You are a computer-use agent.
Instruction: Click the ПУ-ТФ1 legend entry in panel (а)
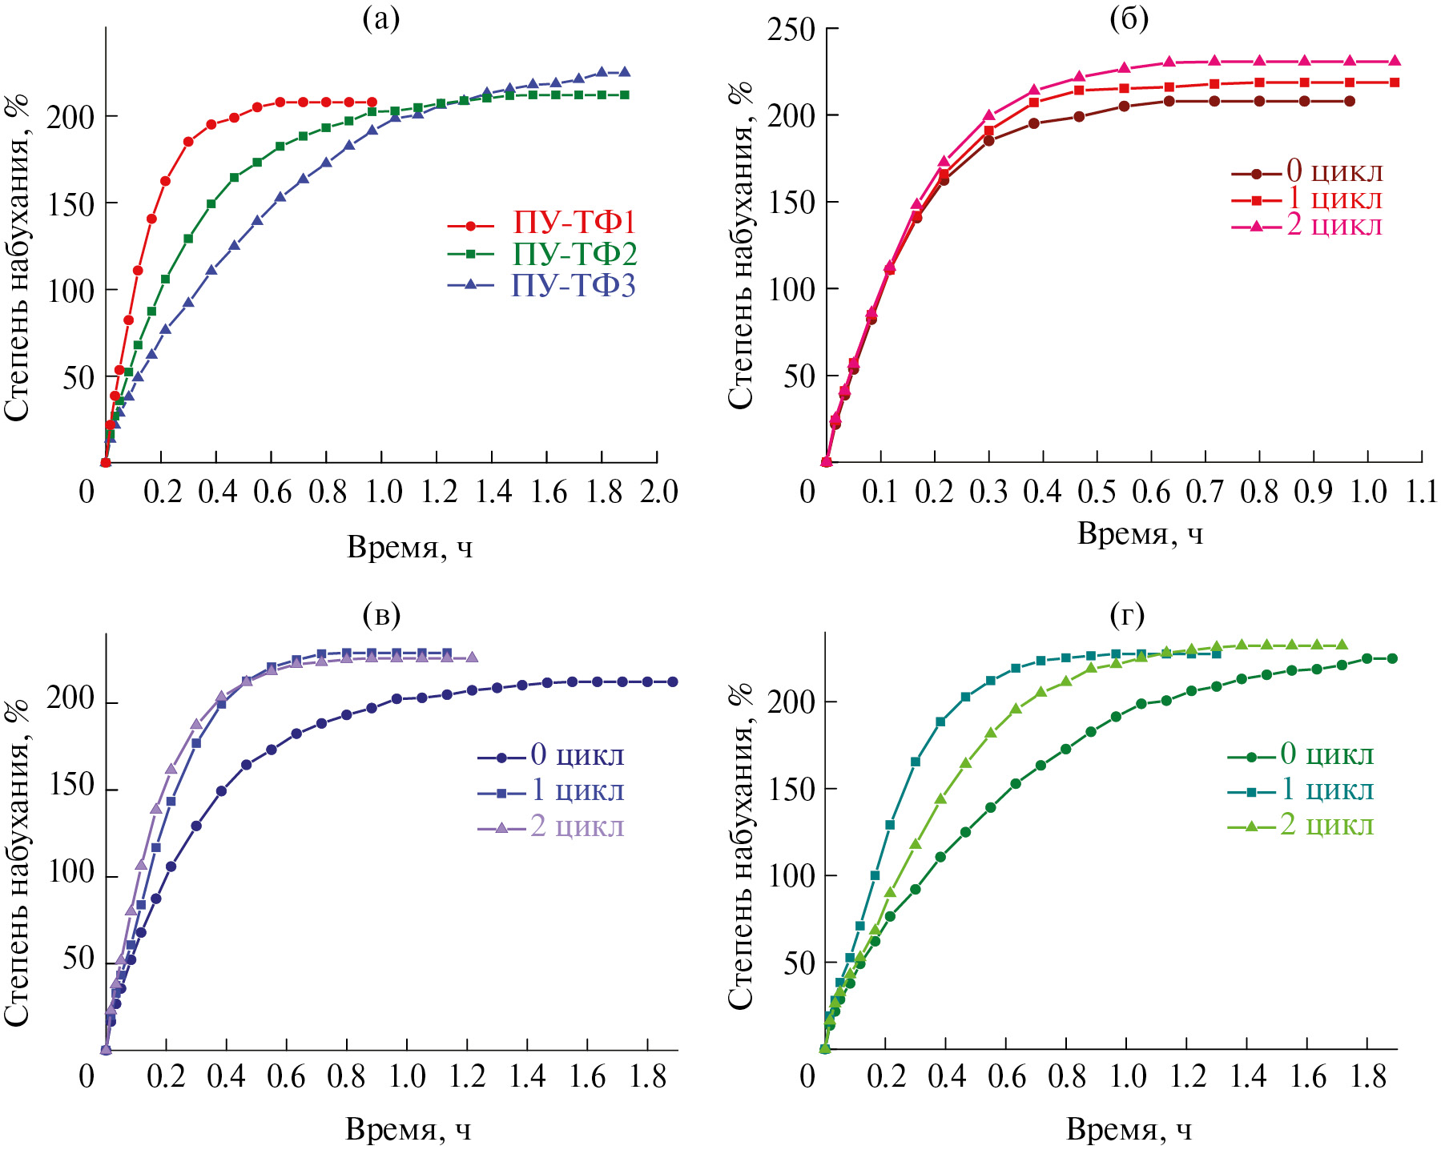pos(574,223)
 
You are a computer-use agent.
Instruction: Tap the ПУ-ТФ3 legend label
pos(574,285)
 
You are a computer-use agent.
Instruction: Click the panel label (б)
pos(1129,18)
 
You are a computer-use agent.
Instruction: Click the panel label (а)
pos(381,18)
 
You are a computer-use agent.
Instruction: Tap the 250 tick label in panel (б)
pos(791,30)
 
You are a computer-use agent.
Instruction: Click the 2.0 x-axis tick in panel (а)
pos(659,491)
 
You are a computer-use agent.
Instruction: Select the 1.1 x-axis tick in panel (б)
pos(1422,491)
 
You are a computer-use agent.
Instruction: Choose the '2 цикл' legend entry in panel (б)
pos(1334,225)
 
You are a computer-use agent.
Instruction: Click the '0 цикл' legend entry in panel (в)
pos(577,754)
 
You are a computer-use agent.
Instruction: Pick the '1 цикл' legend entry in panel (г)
pos(1327,790)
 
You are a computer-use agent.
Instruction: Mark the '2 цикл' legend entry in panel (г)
pos(1327,825)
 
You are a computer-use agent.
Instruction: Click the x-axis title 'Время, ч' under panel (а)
pos(409,547)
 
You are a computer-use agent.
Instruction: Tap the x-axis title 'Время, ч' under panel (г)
pos(1129,1129)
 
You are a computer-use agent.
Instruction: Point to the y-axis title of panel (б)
pos(740,244)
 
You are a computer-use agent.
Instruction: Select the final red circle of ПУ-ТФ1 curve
pos(372,102)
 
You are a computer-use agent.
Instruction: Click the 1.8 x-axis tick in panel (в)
pos(648,1076)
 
